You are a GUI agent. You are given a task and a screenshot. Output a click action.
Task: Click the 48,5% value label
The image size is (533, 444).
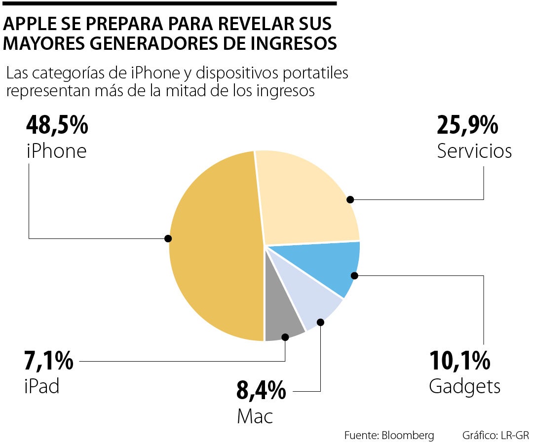(x=57, y=126)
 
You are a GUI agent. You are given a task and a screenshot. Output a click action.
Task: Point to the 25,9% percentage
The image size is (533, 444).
(x=467, y=126)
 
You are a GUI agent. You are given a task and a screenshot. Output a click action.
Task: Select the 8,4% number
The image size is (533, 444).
(x=261, y=391)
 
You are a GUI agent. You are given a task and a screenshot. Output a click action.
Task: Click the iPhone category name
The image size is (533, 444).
(x=56, y=151)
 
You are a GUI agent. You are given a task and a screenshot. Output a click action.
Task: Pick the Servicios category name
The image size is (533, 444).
(x=474, y=151)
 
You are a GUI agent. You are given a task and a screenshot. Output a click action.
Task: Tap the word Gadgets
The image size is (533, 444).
(x=464, y=386)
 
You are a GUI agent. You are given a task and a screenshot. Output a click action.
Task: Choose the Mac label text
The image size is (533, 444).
(x=255, y=416)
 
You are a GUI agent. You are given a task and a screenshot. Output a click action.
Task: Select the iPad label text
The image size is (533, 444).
(x=42, y=386)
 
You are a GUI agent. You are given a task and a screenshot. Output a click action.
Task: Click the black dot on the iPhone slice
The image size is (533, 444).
(x=168, y=238)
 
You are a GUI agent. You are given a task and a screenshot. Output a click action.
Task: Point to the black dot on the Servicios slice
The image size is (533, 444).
(x=350, y=199)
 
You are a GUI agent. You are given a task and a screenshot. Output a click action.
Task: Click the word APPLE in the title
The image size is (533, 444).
(x=28, y=24)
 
